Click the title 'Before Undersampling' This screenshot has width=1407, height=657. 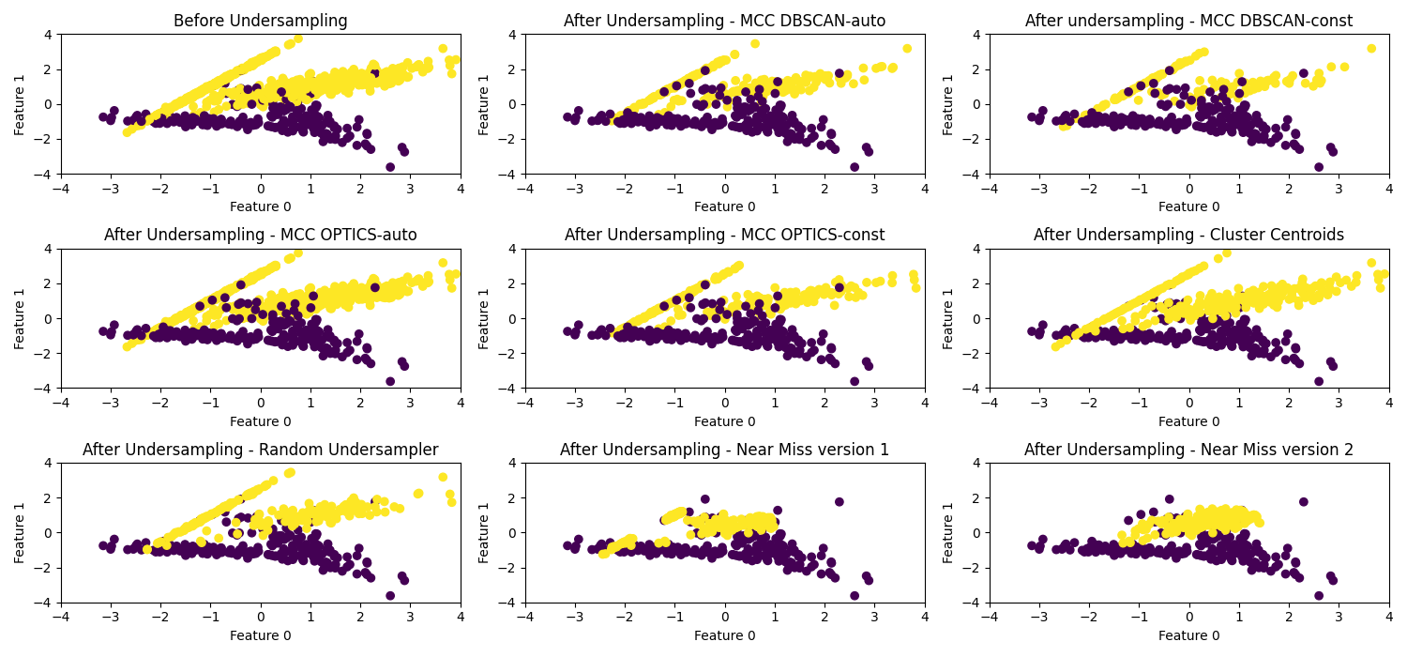pyautogui.click(x=261, y=21)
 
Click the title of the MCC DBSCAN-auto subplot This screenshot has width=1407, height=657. pyautogui.click(x=724, y=21)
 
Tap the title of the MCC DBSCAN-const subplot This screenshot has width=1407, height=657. pyautogui.click(x=1188, y=21)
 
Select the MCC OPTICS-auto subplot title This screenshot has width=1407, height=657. pyautogui.click(x=261, y=235)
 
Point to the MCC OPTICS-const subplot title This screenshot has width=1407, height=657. pyautogui.click(x=724, y=235)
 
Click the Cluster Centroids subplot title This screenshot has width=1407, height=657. pyautogui.click(x=1188, y=235)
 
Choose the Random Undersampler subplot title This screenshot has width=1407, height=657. pyautogui.click(x=261, y=450)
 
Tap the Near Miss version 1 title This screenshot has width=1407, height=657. pyautogui.click(x=724, y=450)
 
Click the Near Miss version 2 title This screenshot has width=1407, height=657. pyautogui.click(x=1188, y=450)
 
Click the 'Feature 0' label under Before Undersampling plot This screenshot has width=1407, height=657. pyautogui.click(x=261, y=206)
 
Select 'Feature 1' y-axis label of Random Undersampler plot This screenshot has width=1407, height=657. pyautogui.click(x=20, y=533)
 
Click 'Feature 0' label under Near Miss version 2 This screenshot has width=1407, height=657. pyautogui.click(x=1188, y=635)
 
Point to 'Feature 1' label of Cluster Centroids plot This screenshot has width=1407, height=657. pyautogui.click(x=948, y=318)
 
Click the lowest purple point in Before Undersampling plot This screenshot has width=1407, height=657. pyautogui.click(x=390, y=167)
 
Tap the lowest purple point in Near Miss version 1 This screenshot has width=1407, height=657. pyautogui.click(x=855, y=595)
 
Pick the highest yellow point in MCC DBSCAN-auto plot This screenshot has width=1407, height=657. pyautogui.click(x=754, y=44)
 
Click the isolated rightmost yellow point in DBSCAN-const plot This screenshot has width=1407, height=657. pyautogui.click(x=1371, y=49)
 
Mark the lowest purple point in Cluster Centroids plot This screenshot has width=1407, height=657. pyautogui.click(x=1319, y=381)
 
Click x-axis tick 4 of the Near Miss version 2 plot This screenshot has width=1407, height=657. pyautogui.click(x=1389, y=616)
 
